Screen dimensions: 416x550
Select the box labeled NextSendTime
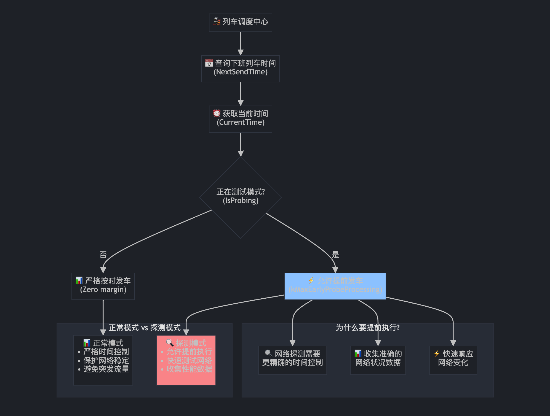pos(240,69)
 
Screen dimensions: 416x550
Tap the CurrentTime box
pos(240,119)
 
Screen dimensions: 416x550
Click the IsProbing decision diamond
pos(240,197)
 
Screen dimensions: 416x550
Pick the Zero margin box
pos(103,286)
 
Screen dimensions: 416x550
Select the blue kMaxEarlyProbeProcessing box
pos(335,286)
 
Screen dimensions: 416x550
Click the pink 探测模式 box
pos(186,360)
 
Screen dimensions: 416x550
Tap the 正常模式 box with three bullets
pos(103,360)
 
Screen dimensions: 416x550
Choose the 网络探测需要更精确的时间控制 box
pos(292,360)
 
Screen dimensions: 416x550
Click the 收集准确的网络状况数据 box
pos(378,360)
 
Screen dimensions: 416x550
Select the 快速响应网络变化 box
pos(453,360)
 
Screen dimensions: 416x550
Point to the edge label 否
pos(103,254)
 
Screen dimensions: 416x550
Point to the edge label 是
pos(335,254)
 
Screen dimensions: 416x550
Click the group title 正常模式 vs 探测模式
pos(145,328)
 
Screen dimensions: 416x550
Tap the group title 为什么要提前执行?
pos(367,328)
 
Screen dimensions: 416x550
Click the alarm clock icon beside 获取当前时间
pos(217,113)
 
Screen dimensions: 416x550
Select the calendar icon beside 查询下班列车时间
pos(209,63)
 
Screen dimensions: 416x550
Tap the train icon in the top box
pos(217,21)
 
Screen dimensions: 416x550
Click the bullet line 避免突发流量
pos(106,369)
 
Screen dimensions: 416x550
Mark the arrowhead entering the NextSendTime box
pos(241,52)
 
